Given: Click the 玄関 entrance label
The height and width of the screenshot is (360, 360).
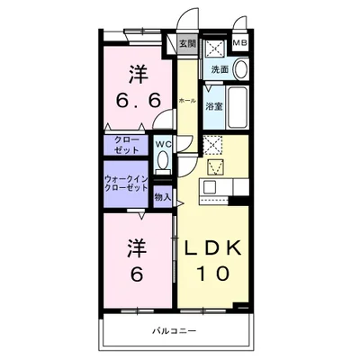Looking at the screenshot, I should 186,43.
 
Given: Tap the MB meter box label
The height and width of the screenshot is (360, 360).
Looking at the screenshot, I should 240,41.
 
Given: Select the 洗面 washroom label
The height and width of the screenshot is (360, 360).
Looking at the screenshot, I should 220,70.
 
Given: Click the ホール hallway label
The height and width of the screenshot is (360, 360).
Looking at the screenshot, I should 187,100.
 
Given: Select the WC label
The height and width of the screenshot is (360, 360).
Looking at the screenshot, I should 163,144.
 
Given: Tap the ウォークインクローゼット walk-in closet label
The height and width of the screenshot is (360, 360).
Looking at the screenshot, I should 125,184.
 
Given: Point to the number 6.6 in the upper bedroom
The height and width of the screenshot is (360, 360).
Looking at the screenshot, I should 134,100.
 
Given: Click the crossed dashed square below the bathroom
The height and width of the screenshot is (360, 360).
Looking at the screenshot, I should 212,144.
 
